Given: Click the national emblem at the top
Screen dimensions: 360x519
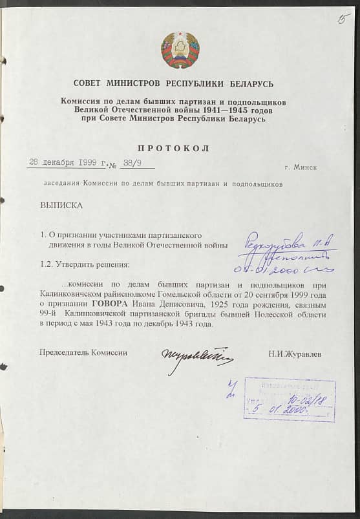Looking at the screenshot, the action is tap(180, 50).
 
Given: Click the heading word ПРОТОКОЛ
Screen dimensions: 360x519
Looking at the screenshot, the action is tap(173, 149).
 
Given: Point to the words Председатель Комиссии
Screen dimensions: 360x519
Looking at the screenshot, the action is tap(83, 353).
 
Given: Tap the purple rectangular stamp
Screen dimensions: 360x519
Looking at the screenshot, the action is tap(289, 400).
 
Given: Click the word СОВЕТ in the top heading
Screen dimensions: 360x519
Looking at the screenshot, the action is tap(89, 84).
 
